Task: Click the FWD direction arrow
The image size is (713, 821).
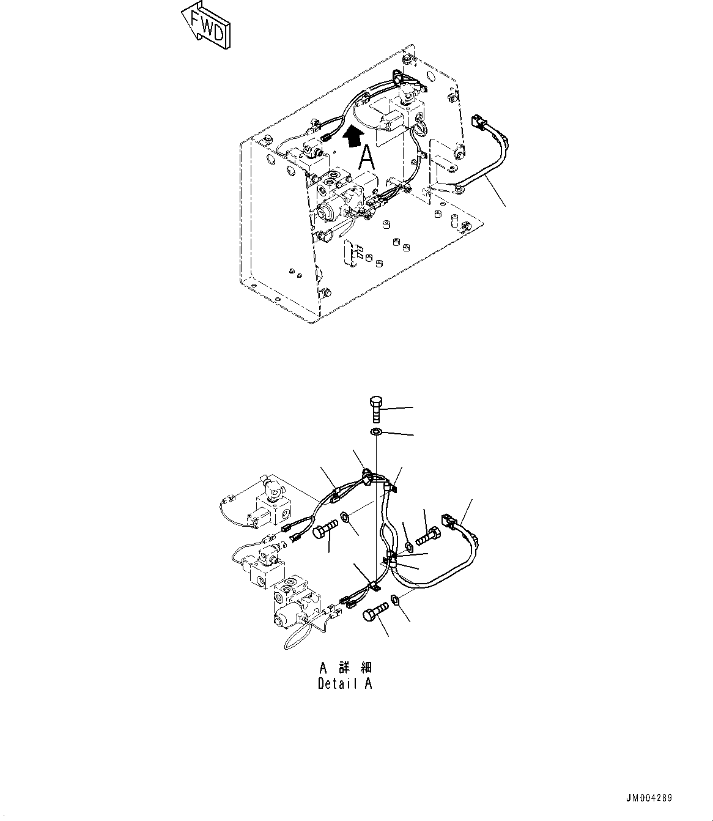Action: [207, 24]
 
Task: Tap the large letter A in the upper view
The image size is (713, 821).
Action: [366, 158]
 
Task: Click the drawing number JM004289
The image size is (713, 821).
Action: [648, 798]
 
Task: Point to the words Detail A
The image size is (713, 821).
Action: [344, 684]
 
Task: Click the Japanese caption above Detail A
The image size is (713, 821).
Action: [344, 667]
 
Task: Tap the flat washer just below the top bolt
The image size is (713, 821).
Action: [376, 433]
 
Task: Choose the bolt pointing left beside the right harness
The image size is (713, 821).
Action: [427, 537]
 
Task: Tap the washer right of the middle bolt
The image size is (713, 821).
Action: [346, 518]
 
